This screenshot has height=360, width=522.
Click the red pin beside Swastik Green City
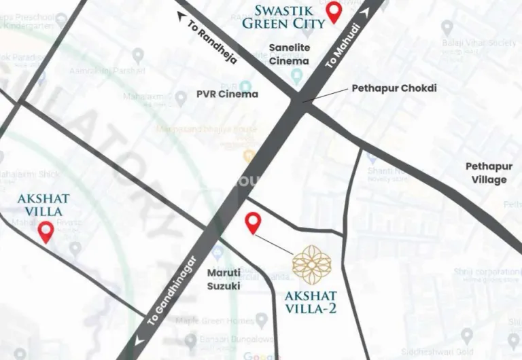coord(334,12)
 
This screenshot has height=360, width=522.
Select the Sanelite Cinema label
coord(289,54)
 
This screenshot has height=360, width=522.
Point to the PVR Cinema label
coord(227,94)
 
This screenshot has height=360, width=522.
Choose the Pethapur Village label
coord(486,173)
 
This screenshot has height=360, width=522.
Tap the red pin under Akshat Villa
coord(46,232)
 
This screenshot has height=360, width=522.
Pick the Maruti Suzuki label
coord(224,279)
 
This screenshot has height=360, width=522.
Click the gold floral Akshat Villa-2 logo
coord(312,264)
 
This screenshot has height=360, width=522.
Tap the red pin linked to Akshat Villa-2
coord(253,222)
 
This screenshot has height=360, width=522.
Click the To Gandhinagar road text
coord(173,285)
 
